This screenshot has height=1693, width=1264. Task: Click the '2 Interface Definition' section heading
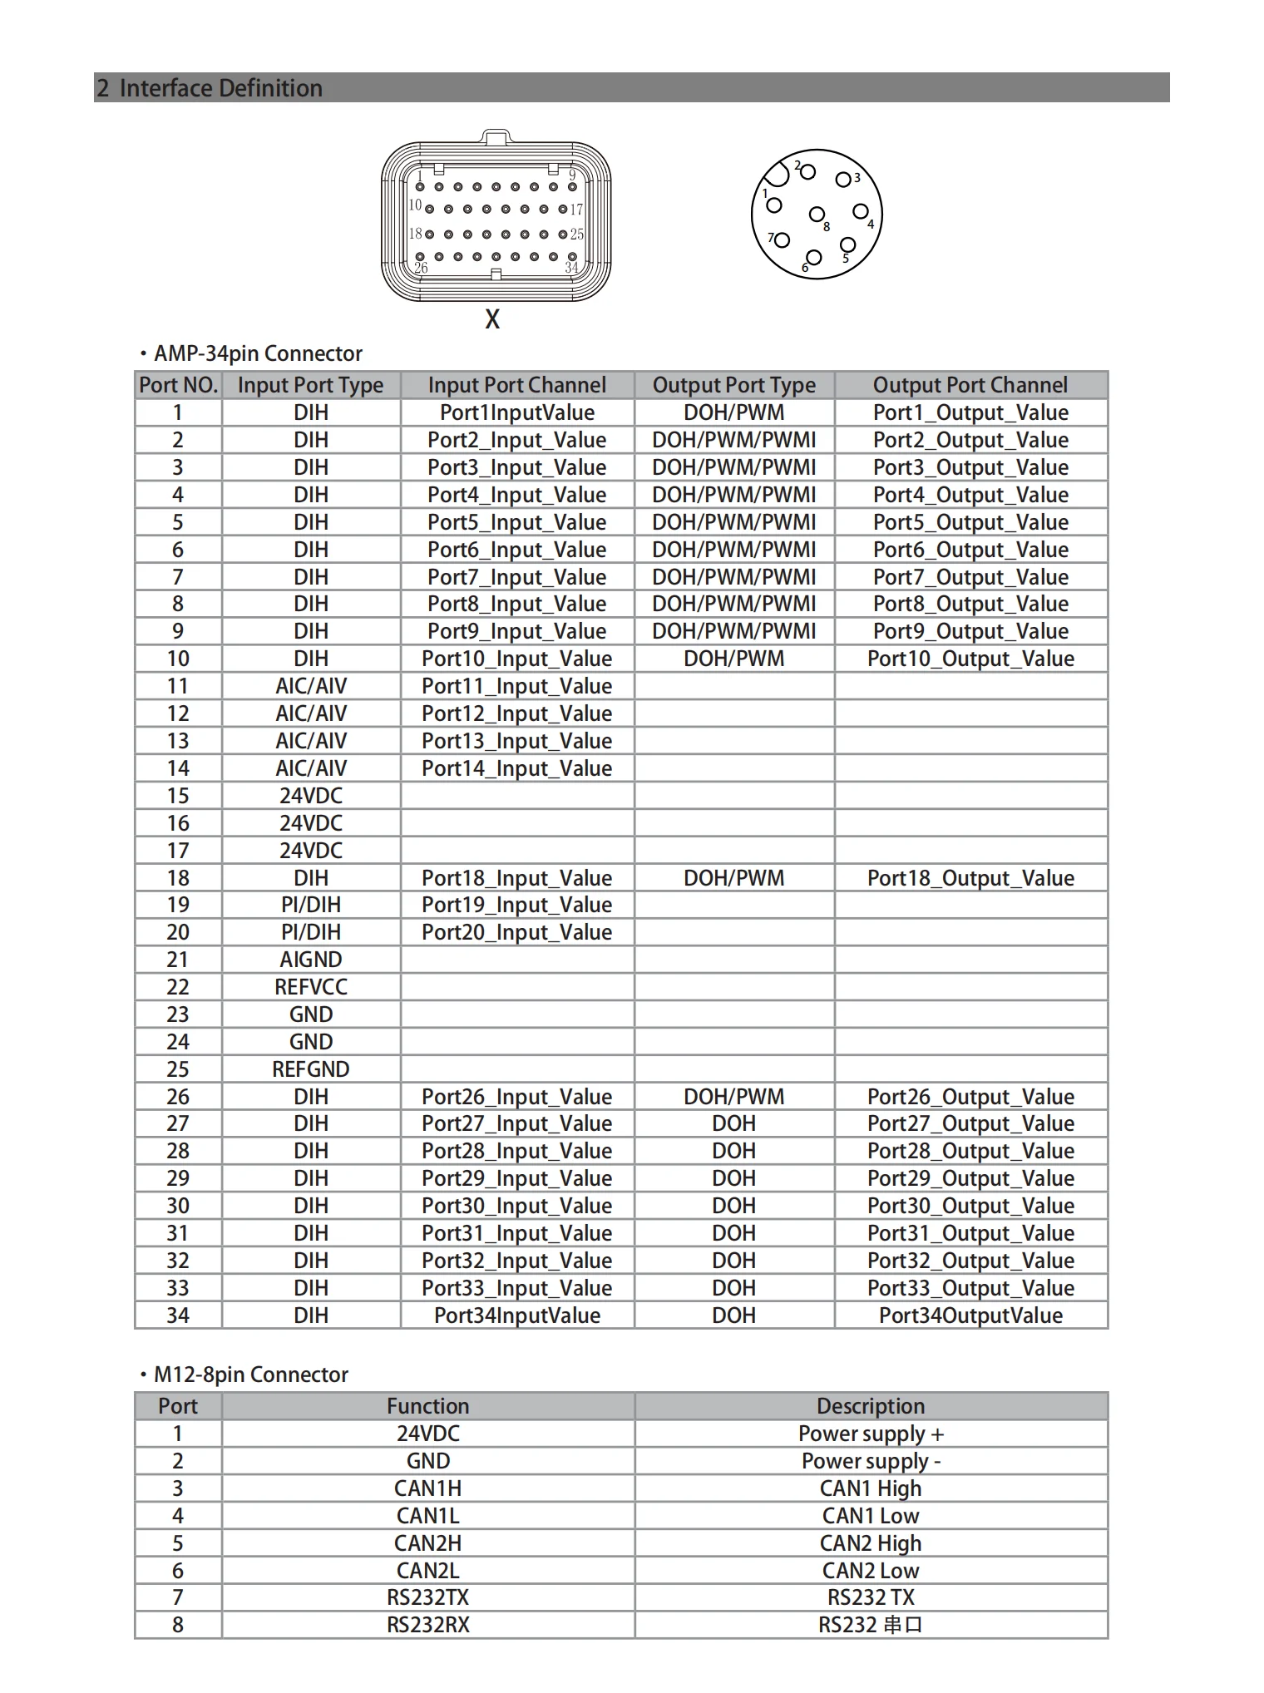210,87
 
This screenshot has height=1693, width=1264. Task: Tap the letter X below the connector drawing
492,319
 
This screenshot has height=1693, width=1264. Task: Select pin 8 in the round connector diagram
817,215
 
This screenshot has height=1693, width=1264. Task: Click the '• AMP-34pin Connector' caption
252,353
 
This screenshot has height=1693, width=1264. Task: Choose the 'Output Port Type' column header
733,385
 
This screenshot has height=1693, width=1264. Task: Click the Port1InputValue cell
516,412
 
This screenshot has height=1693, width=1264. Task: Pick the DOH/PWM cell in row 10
733,659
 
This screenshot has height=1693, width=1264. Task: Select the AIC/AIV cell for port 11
311,686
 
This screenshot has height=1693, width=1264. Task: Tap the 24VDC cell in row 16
311,823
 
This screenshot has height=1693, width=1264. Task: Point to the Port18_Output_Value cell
970,878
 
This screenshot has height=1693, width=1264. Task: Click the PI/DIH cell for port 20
311,932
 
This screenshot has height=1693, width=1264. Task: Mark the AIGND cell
311,960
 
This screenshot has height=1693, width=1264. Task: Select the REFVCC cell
311,987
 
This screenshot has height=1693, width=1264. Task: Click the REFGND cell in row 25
311,1069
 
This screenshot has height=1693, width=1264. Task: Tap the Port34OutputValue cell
970,1315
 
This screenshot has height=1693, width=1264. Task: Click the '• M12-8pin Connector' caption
244,1375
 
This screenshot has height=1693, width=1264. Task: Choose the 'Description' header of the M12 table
871,1406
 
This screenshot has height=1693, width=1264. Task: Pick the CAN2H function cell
427,1543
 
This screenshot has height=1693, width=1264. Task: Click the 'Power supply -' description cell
871,1461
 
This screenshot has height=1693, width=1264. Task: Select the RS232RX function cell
427,1625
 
